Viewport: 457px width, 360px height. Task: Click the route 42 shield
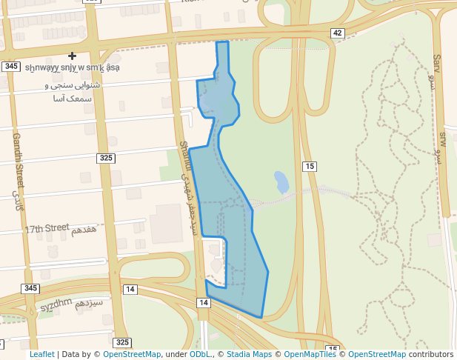point(338,33)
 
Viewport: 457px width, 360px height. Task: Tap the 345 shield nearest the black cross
point(10,67)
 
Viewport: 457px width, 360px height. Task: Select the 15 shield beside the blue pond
point(310,166)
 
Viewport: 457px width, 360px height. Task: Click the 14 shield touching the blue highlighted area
point(204,303)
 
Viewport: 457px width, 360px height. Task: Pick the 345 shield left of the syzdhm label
point(30,288)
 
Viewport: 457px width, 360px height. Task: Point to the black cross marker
point(72,56)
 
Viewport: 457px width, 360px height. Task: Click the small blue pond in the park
point(281,181)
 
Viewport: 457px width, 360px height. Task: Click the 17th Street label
point(47,229)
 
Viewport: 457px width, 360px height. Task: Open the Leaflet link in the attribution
point(41,355)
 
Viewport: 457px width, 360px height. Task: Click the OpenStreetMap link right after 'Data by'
point(132,355)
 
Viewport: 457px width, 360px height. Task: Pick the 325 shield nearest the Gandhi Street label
point(106,158)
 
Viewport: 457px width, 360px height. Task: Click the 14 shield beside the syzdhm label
point(130,289)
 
